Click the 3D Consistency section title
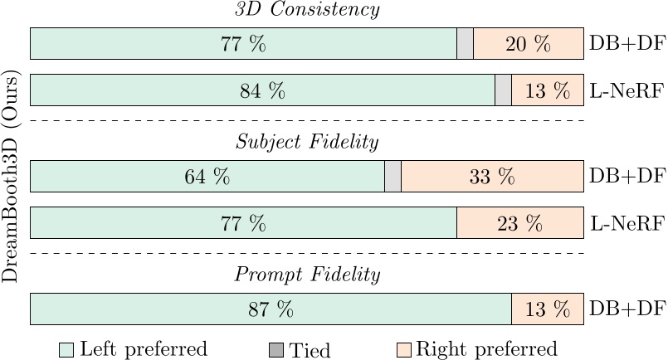click(x=307, y=10)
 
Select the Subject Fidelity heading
click(x=307, y=143)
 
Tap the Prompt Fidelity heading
click(x=307, y=275)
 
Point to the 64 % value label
click(x=207, y=177)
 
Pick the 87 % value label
click(x=271, y=309)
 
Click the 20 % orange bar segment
click(x=528, y=44)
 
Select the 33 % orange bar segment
click(x=492, y=177)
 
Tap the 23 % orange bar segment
click(x=519, y=223)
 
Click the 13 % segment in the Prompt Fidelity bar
click(x=547, y=309)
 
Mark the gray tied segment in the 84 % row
click(x=503, y=90)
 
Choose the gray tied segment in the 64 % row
click(x=393, y=177)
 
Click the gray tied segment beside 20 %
click(x=465, y=44)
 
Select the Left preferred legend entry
click(x=133, y=349)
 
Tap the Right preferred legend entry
click(x=477, y=349)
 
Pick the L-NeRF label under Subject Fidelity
click(x=627, y=223)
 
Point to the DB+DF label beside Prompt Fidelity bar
click(x=627, y=309)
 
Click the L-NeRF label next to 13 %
click(x=627, y=90)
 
